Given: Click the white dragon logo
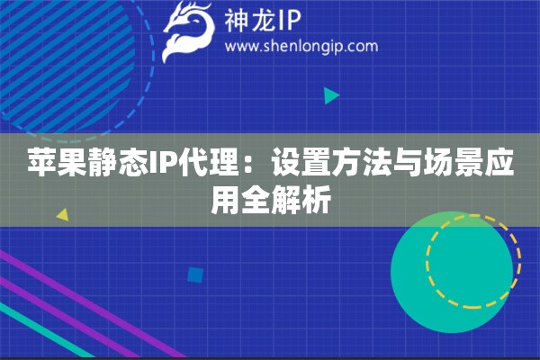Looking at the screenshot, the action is click(188, 30).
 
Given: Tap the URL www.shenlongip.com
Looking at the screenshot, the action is click(301, 46).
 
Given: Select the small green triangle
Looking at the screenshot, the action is click(331, 95).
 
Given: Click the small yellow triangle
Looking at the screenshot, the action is click(63, 214).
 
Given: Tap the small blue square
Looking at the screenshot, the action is click(195, 274).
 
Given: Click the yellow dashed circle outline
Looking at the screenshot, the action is click(427, 261).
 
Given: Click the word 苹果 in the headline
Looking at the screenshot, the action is click(58, 162).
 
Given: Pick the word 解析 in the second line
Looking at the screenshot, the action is click(301, 199).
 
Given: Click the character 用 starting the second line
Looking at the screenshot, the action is click(225, 199).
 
